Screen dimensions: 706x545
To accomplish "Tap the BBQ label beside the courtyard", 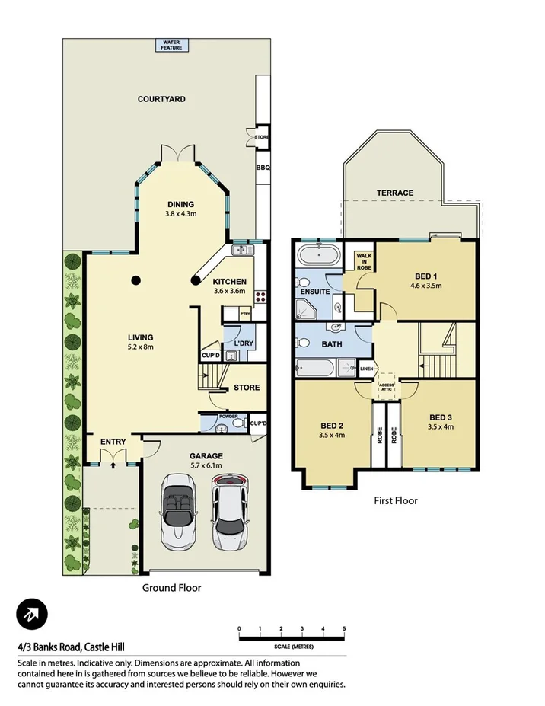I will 263,168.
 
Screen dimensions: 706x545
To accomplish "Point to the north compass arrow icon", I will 32,615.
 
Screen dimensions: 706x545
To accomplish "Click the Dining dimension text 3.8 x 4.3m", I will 181,214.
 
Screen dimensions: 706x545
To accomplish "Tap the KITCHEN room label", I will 229,281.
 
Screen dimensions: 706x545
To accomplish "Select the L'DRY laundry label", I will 244,344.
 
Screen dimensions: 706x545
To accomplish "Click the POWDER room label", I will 229,417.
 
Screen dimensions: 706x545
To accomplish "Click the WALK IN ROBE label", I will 364,261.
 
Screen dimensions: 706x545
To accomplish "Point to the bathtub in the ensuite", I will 319,254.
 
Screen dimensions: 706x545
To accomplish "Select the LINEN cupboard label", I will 367,369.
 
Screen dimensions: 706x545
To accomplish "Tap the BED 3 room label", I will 441,417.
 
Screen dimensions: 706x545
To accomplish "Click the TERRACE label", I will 395,193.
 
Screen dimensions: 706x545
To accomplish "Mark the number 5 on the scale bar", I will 345,628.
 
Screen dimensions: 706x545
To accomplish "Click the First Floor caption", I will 395,500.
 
